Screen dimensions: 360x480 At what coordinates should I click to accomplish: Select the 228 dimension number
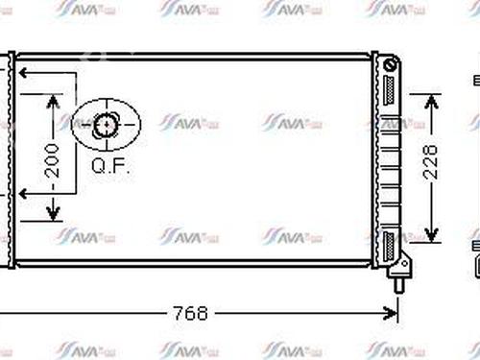pyautogui.click(x=433, y=165)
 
